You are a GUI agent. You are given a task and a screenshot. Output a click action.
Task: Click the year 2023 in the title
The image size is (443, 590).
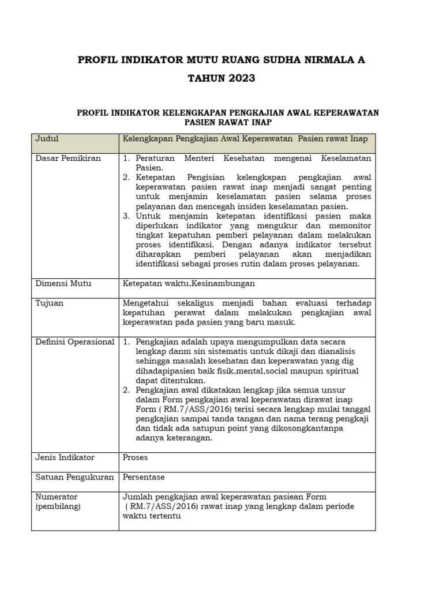(x=236, y=78)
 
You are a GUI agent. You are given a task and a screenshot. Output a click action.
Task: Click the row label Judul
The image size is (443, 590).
(x=47, y=139)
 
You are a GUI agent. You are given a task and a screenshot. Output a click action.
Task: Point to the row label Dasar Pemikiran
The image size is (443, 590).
(x=68, y=158)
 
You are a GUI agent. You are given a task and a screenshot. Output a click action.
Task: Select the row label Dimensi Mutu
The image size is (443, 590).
(x=63, y=283)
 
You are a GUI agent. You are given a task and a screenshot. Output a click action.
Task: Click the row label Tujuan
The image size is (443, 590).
(x=50, y=303)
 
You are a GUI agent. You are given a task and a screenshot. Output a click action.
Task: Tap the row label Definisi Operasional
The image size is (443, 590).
(x=75, y=342)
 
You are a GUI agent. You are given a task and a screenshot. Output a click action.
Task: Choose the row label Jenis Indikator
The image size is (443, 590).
(x=65, y=457)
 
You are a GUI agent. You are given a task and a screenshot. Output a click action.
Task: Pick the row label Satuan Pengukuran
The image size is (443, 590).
(x=75, y=477)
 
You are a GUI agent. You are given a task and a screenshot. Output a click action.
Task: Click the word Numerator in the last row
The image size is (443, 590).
(x=57, y=497)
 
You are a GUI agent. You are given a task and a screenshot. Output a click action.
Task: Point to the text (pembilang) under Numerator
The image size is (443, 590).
(x=58, y=506)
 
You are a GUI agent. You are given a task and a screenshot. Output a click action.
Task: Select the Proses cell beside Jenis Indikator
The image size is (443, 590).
(x=136, y=457)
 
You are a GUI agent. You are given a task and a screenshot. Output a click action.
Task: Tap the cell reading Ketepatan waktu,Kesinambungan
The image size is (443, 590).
(x=189, y=283)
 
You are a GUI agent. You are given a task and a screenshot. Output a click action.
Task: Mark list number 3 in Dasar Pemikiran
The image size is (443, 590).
(x=127, y=216)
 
